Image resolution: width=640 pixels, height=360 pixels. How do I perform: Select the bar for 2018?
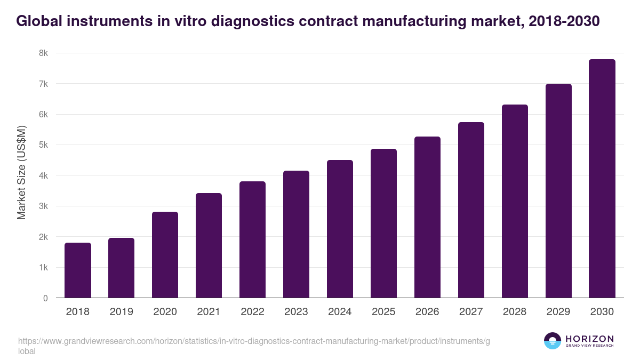click(x=78, y=270)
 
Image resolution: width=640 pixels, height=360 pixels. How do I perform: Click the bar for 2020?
click(x=165, y=255)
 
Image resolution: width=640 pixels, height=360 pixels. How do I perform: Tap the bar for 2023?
click(x=296, y=234)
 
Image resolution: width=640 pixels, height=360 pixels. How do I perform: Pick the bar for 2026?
click(x=427, y=217)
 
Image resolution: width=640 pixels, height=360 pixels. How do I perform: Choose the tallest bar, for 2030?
click(x=602, y=179)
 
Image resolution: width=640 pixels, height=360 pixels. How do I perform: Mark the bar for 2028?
click(x=515, y=201)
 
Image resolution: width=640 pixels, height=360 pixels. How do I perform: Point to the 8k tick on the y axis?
click(x=43, y=53)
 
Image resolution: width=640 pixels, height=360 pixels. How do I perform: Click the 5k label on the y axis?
click(x=43, y=145)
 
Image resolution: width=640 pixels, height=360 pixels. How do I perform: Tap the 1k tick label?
click(x=43, y=268)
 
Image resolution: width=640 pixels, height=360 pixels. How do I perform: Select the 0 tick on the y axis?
click(x=45, y=298)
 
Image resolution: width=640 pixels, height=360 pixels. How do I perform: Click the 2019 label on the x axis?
click(x=122, y=312)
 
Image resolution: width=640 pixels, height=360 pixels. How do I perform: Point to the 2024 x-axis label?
click(x=340, y=312)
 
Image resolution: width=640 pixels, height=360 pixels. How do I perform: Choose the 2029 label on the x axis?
click(x=558, y=312)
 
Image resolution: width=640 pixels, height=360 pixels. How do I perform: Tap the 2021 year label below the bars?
click(x=209, y=312)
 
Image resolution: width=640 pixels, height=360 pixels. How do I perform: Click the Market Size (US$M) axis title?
click(x=21, y=172)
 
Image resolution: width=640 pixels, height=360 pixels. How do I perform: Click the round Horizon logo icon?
click(x=553, y=341)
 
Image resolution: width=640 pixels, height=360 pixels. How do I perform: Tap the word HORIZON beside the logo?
click(x=589, y=339)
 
